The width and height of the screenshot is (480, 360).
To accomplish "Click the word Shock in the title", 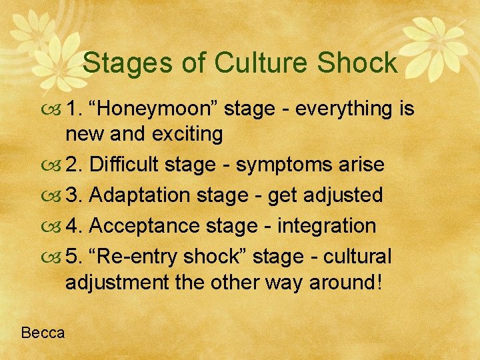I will coord(357,63).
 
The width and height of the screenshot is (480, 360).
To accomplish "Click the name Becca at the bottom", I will coord(43,332).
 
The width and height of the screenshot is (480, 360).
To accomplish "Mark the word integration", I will coord(327,226).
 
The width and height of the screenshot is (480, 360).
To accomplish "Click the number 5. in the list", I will coord(74,257).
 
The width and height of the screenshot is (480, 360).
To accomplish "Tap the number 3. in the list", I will coord(74,195).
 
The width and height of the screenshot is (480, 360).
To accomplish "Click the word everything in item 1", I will coord(337,108).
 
